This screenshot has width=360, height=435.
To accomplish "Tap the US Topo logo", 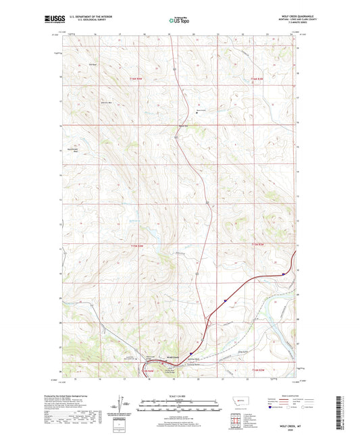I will (179, 21).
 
